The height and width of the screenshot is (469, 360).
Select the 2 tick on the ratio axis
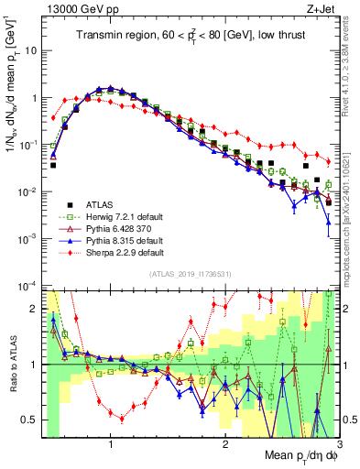[33, 309]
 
